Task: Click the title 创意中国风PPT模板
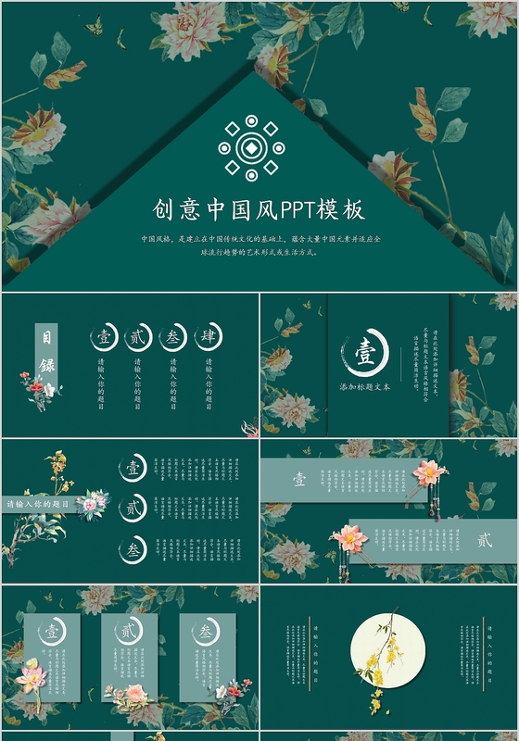pos(259,209)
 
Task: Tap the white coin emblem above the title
pos(251,146)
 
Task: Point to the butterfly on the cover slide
pos(94,27)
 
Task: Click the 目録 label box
pos(47,353)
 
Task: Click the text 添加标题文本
pos(365,386)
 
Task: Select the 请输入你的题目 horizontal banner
pos(42,505)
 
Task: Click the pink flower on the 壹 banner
pos(429,473)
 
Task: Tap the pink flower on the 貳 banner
pos(348,538)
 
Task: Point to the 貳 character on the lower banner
pos(485,540)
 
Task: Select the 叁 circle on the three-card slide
pos(205,633)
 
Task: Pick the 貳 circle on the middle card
pos(127,633)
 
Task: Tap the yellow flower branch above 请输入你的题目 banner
pos(58,471)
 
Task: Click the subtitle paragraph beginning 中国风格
pos(259,245)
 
